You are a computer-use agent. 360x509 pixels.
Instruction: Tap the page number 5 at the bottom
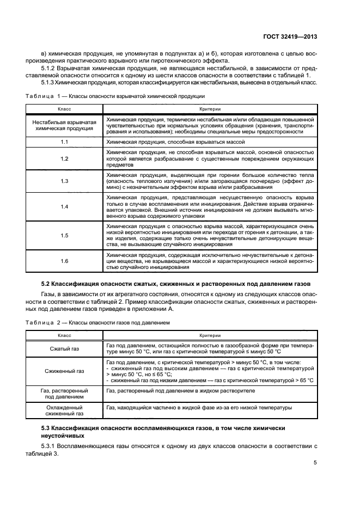[x=315, y=463]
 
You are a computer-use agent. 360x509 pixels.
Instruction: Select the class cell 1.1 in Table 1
[x=64, y=142]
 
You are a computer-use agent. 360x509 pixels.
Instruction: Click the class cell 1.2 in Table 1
[x=64, y=158]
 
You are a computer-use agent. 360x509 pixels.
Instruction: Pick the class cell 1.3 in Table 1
[x=64, y=181]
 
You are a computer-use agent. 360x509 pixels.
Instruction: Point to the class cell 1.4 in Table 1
[x=64, y=206]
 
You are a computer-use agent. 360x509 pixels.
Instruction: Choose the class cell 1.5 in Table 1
[x=64, y=235]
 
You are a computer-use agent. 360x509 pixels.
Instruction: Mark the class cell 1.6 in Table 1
[x=64, y=261]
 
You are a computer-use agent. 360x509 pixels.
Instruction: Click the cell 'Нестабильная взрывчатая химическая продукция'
[x=64, y=124]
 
